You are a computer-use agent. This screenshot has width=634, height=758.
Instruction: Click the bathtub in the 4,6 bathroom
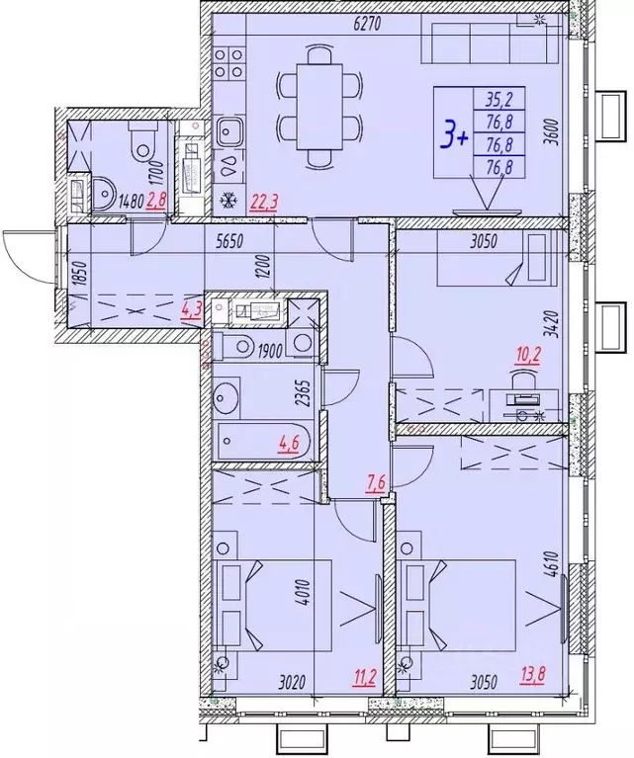(263, 439)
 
